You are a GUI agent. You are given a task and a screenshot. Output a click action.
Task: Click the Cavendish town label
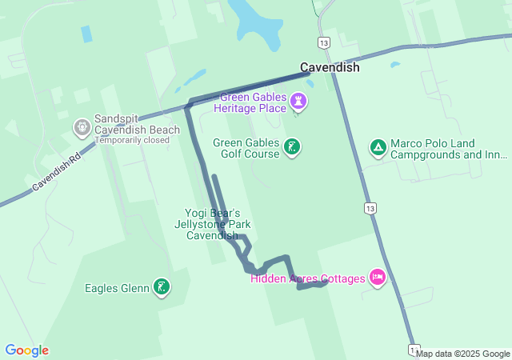coord(330,68)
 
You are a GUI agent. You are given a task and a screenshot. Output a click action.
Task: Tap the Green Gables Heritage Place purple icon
coord(300,102)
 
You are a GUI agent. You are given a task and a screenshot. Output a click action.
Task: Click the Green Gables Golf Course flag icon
coord(294,146)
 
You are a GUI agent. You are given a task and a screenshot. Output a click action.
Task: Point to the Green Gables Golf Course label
coord(246,148)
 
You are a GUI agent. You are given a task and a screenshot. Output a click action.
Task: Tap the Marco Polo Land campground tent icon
coord(377,147)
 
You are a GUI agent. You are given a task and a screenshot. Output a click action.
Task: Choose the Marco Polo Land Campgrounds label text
coord(448,150)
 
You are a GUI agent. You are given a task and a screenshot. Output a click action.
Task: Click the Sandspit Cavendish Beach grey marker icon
coord(82,126)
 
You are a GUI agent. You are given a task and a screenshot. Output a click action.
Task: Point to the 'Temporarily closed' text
coord(132,140)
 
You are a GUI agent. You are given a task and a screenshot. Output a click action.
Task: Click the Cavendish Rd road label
coord(58,172)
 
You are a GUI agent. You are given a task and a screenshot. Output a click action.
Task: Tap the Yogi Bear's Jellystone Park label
coord(213,225)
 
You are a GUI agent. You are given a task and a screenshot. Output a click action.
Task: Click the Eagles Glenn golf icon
coord(162,287)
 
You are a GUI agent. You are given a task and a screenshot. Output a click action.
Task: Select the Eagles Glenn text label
coord(117,288)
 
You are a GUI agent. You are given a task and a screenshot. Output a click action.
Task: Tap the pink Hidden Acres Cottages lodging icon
coord(378,278)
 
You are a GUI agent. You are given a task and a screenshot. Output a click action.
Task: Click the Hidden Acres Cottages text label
coord(307,278)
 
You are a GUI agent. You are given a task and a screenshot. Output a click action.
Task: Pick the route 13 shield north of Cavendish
coord(322,43)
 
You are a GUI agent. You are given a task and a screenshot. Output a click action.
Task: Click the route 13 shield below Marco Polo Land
coord(369,209)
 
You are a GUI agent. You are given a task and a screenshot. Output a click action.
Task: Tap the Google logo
coord(26,350)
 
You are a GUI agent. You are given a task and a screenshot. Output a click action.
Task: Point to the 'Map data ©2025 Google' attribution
coord(462,354)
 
